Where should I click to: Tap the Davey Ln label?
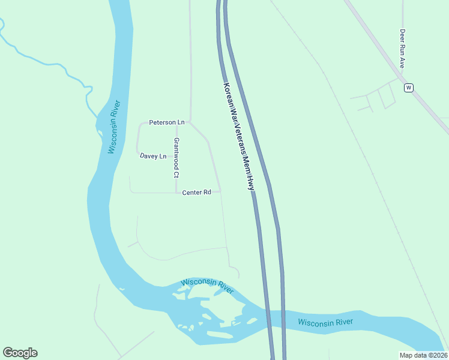pyautogui.click(x=152, y=156)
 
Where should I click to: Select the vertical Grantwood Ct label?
pyautogui.click(x=176, y=159)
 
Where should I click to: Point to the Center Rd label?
pyautogui.click(x=197, y=192)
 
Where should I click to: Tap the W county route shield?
pyautogui.click(x=409, y=88)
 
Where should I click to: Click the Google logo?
pyautogui.click(x=20, y=353)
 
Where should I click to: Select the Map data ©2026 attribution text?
pyautogui.click(x=423, y=355)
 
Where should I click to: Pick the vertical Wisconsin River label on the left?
pyautogui.click(x=115, y=127)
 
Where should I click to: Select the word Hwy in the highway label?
pyautogui.click(x=251, y=184)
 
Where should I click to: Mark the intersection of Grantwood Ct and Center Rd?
pyautogui.click(x=176, y=193)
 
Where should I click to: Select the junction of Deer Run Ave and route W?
pyautogui.click(x=401, y=78)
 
